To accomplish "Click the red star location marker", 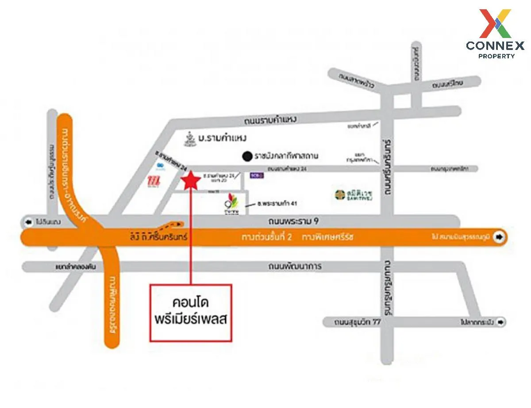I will coord(191,181).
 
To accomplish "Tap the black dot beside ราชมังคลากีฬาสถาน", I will coord(247,156).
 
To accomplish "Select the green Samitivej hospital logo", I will coord(340,194).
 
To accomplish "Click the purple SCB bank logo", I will coord(255,175).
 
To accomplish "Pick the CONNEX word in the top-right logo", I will coord(495,46).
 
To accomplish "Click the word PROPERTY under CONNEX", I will coord(496,56).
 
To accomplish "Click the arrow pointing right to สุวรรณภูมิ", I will coord(500,237).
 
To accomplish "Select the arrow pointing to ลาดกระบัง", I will coord(500,322).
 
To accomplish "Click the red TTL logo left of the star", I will coord(153,181).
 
